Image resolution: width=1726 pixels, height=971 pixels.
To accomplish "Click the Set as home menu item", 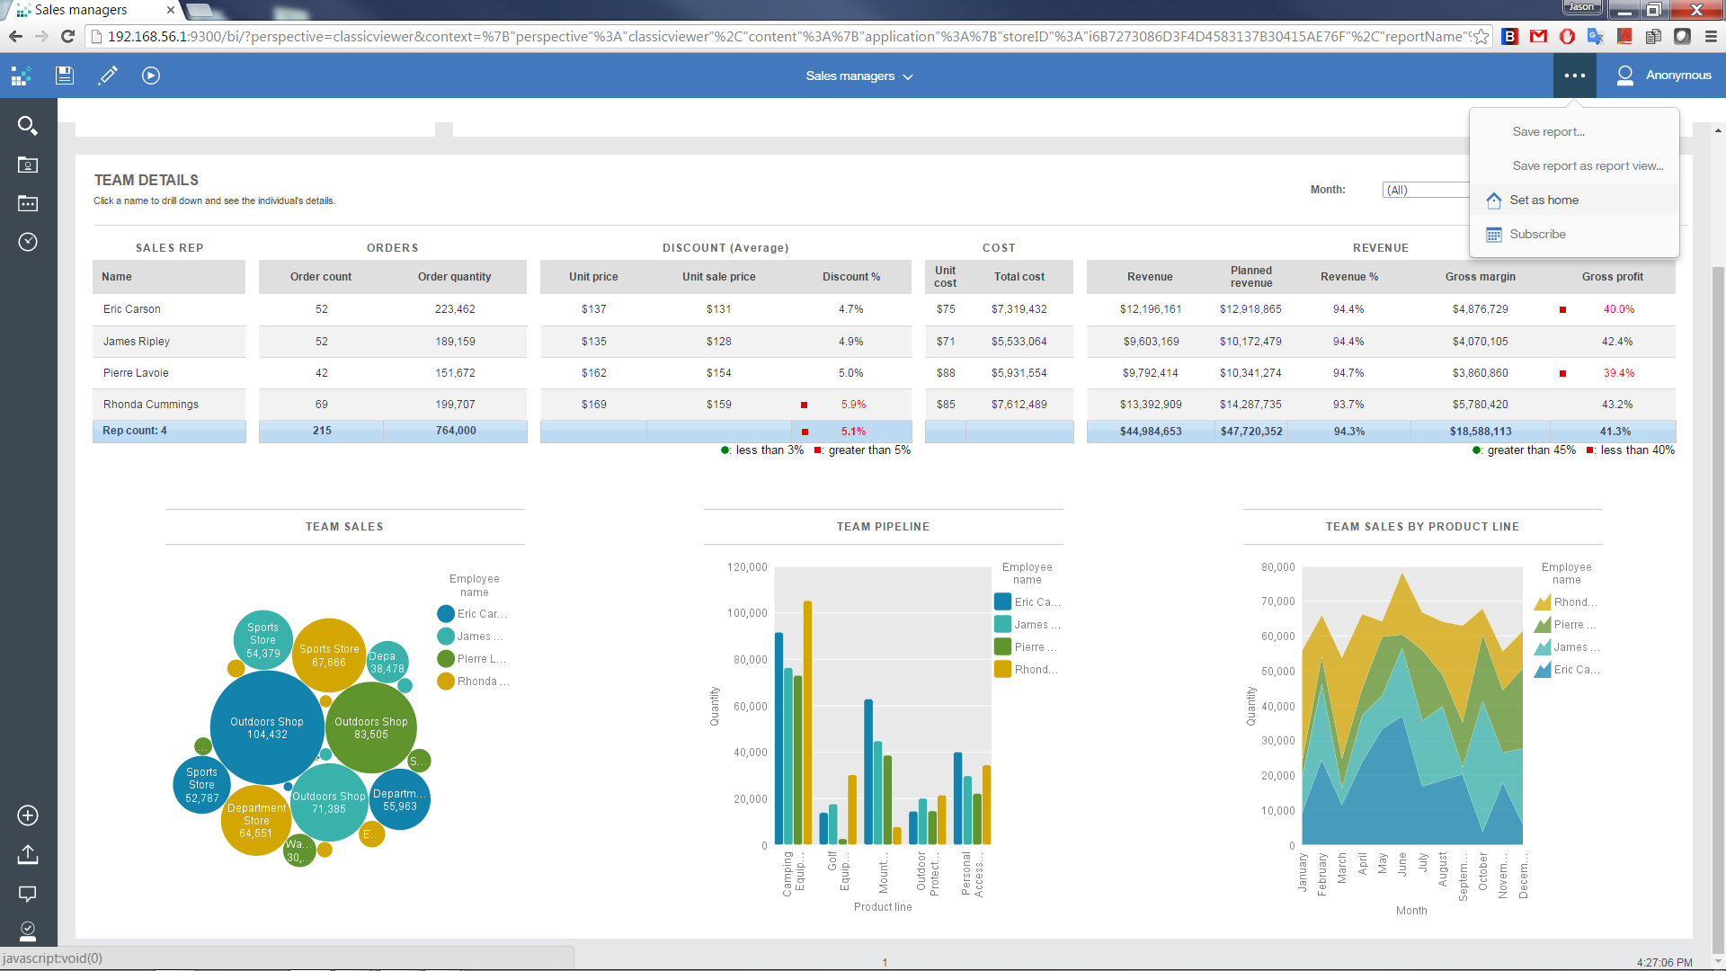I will (x=1544, y=200).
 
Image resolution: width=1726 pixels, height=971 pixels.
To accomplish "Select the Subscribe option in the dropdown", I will (x=1537, y=234).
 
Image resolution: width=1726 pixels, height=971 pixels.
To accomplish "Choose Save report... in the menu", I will (x=1548, y=131).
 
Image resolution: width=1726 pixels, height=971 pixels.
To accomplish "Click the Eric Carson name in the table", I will (x=131, y=308).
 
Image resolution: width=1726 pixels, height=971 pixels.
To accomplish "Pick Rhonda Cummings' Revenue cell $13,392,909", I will (x=1150, y=405).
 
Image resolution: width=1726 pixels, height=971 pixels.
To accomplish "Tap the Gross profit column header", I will (x=1612, y=276).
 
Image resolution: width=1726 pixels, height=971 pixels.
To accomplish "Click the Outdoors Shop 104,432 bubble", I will (x=267, y=727).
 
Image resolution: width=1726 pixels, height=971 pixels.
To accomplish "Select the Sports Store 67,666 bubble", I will (x=329, y=655).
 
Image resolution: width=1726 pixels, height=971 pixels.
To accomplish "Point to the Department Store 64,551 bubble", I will (x=255, y=820).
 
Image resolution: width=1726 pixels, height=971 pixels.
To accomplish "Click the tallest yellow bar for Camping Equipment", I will (x=807, y=719).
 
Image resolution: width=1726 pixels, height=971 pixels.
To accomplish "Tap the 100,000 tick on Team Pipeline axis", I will (x=747, y=613).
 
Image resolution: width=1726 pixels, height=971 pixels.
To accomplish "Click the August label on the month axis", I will (x=1443, y=869).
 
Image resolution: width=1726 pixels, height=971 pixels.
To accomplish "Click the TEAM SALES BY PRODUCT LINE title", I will (x=1422, y=527).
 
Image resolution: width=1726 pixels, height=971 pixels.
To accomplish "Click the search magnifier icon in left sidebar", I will (x=28, y=126).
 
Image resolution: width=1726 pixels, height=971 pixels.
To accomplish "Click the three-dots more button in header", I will (x=1574, y=76).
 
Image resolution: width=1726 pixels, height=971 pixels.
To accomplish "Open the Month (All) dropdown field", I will (x=1426, y=190).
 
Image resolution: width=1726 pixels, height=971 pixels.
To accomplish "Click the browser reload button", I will (x=67, y=36).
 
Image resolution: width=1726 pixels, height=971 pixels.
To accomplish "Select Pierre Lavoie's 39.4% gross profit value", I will (x=1618, y=373).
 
